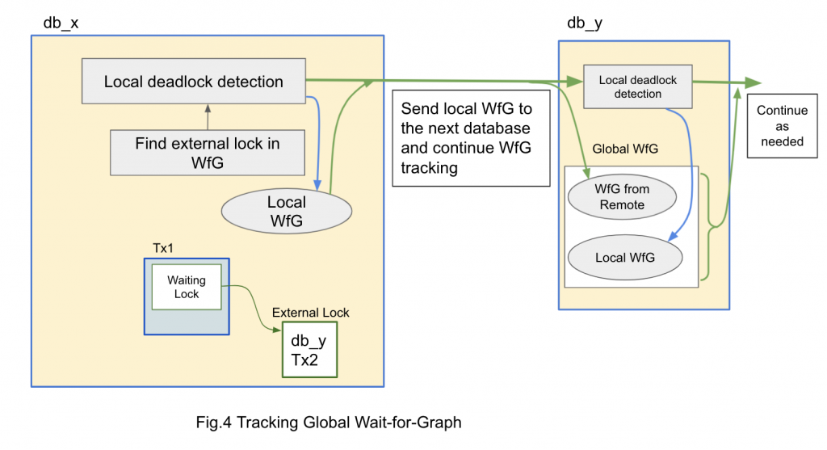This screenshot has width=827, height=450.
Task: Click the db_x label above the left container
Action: coord(61,22)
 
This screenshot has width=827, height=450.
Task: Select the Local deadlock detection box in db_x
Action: coord(193,82)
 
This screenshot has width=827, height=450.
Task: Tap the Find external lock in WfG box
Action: coord(208,153)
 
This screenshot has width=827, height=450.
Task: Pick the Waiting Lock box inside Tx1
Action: coord(187,287)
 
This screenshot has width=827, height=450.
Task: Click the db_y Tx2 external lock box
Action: coord(309,350)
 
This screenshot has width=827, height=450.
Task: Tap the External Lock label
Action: coord(310,312)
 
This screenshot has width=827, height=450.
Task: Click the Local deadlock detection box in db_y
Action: coord(637,87)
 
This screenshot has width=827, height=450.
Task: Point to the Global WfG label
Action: coord(625,149)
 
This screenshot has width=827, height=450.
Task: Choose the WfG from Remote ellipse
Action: coord(622,197)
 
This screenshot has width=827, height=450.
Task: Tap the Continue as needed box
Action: coord(780,127)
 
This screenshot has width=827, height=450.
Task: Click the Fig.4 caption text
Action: coord(329,421)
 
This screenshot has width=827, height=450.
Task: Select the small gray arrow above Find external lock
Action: coord(208,108)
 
